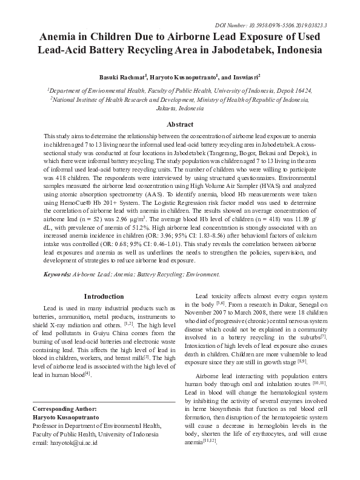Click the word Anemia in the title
59,38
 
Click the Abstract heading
179,124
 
